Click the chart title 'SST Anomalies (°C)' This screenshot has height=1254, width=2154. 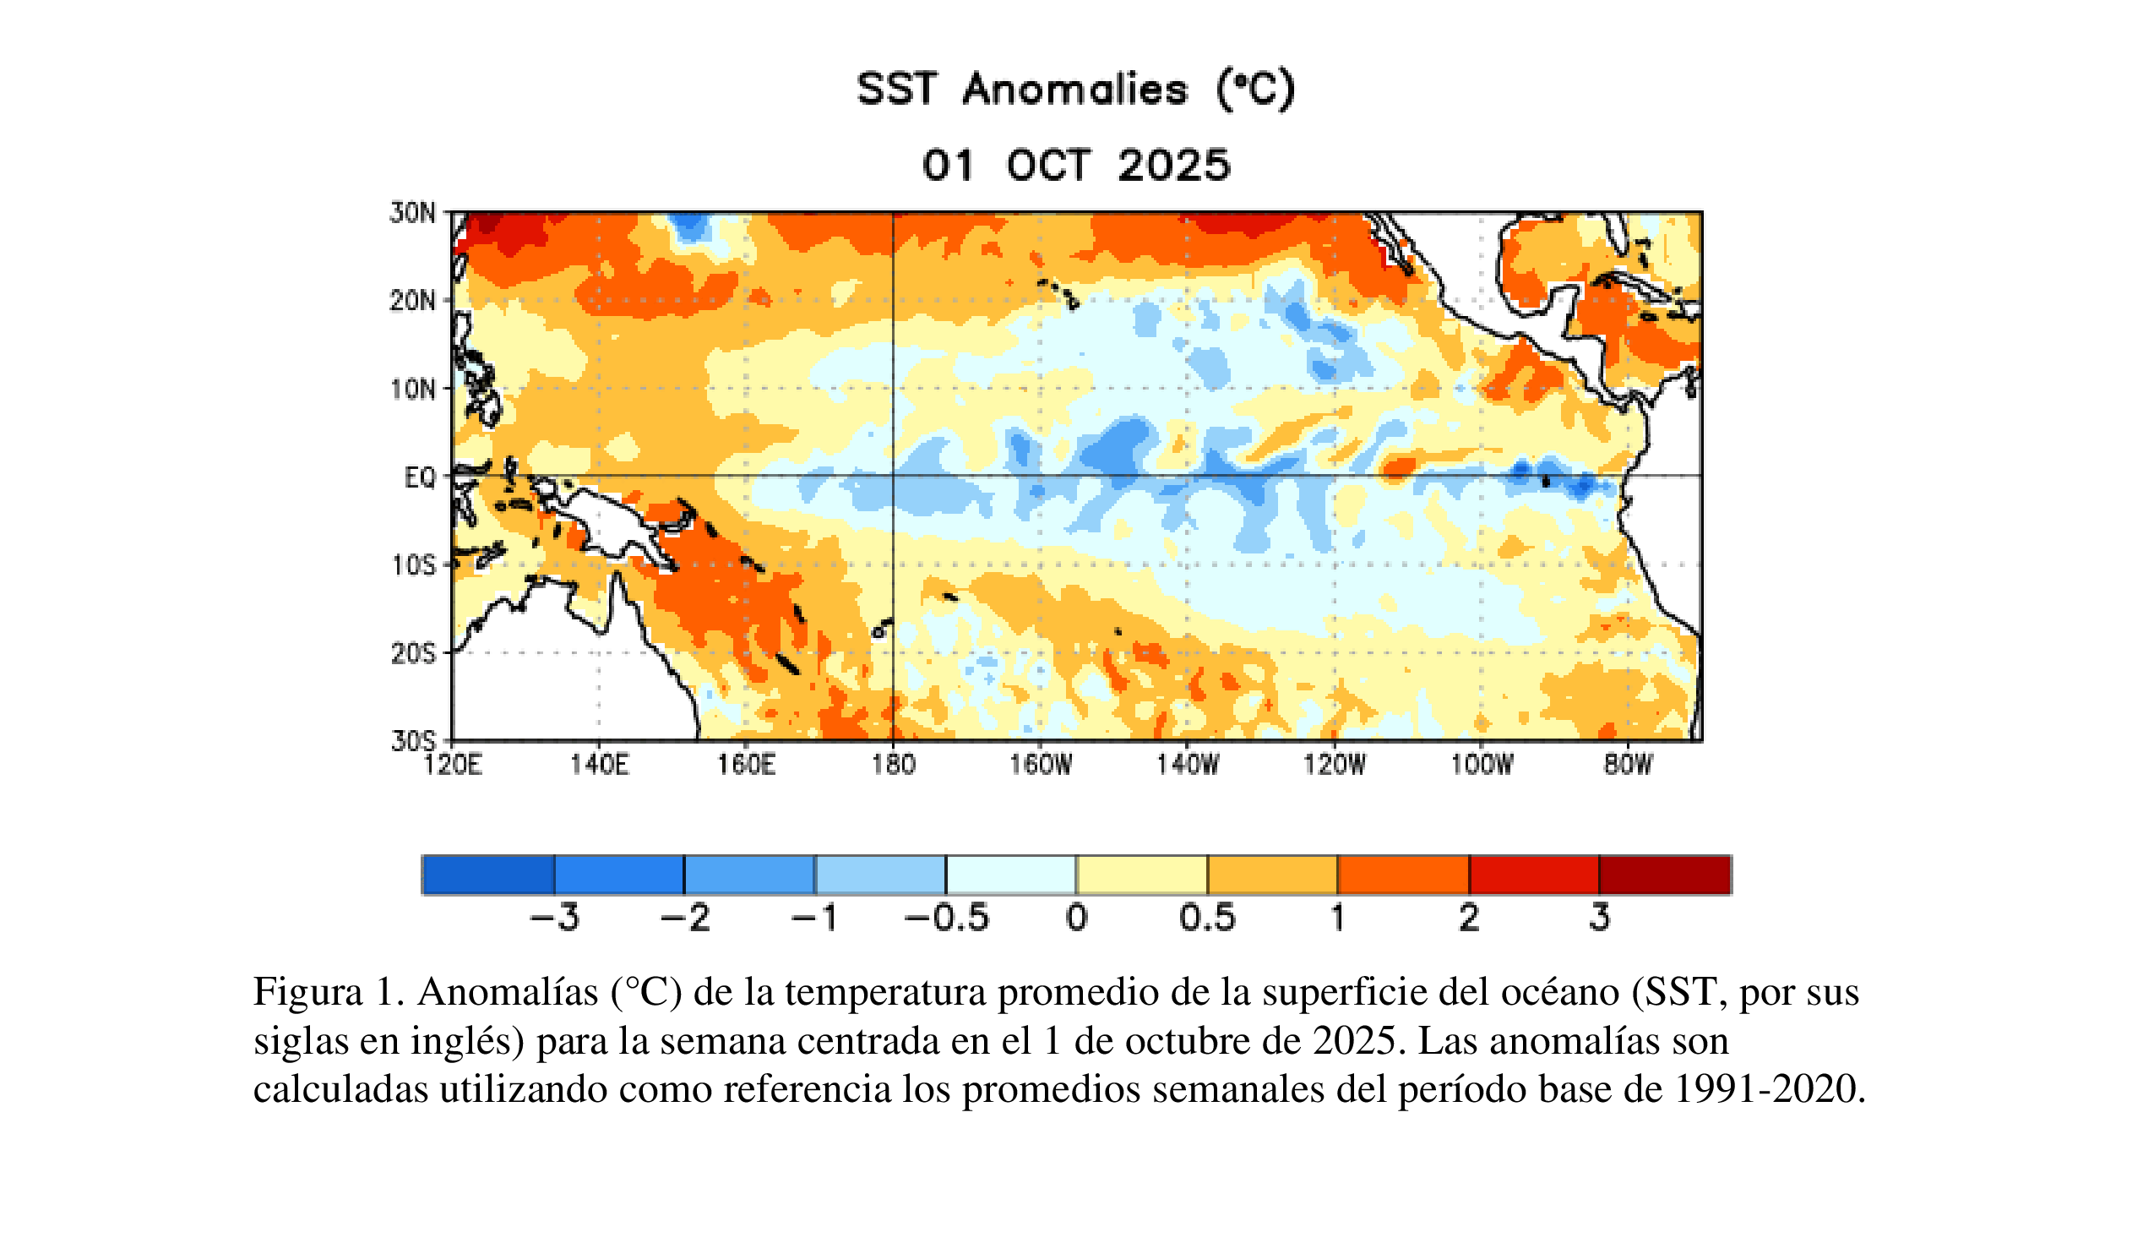pos(1076,90)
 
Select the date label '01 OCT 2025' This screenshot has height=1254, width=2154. pos(1076,165)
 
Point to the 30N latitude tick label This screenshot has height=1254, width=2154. pos(413,213)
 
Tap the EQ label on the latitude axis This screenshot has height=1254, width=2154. pos(420,477)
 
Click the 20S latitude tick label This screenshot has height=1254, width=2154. pos(414,654)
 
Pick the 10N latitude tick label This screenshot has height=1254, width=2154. pos(414,390)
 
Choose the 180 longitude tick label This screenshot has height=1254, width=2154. pos(893,764)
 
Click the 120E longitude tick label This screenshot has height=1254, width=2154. pos(452,764)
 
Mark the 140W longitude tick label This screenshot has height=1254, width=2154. pos(1189,764)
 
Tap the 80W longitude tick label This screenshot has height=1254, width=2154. pos(1629,764)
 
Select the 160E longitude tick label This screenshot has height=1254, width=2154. pos(746,764)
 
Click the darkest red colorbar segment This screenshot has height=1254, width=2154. pos(1664,875)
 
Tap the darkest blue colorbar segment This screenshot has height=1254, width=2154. pos(488,875)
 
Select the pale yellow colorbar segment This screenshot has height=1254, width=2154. pos(1142,875)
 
